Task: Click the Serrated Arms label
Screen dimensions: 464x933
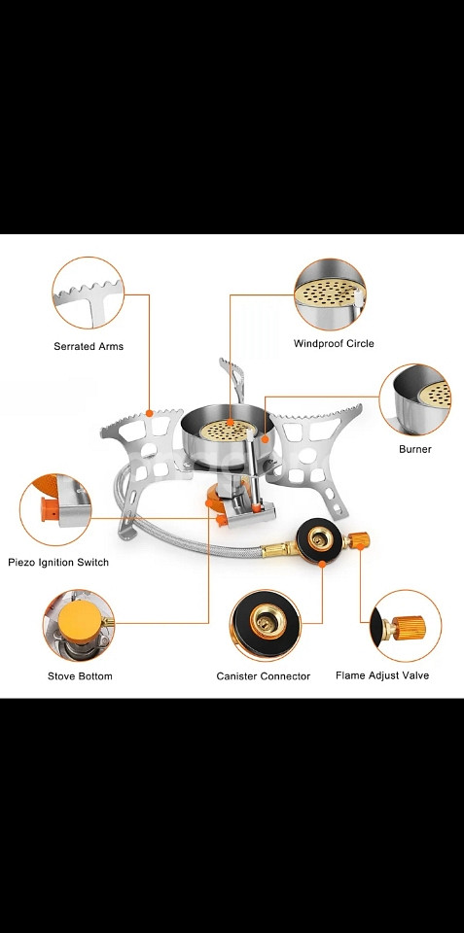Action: point(89,346)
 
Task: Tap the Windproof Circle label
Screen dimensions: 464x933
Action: point(334,343)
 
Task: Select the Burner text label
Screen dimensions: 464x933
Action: point(414,449)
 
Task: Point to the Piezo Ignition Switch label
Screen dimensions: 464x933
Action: point(58,563)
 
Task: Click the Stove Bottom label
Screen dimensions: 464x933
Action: point(80,676)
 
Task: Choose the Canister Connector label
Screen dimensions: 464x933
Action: point(264,676)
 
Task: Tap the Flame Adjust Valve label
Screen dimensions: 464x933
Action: point(381,675)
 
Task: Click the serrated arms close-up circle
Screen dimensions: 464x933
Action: point(89,293)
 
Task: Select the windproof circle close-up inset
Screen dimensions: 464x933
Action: point(330,294)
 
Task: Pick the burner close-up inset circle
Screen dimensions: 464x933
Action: point(414,399)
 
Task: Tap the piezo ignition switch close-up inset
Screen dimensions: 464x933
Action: point(55,509)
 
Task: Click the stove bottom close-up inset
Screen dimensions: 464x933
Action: point(78,625)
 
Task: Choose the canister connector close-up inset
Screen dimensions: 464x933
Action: point(266,625)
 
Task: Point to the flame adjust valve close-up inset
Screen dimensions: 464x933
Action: point(406,625)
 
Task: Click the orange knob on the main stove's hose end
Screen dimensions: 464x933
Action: point(359,540)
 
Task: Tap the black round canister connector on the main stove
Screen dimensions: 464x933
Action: point(320,541)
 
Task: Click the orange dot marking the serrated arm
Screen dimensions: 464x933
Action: point(149,412)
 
